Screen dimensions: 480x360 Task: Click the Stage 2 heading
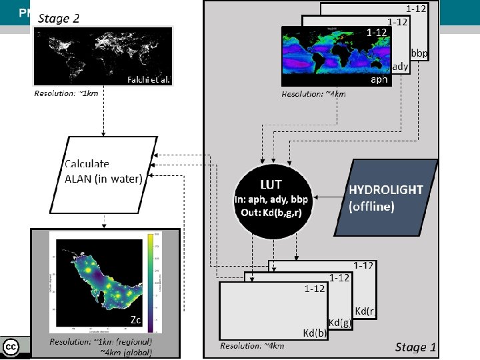point(59,18)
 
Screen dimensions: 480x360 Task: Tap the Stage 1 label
point(415,347)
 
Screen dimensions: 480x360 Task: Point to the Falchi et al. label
point(149,79)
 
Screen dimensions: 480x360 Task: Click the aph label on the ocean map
point(379,79)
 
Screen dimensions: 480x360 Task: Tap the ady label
point(400,66)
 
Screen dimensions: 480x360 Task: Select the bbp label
point(419,53)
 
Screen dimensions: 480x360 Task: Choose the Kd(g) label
point(339,323)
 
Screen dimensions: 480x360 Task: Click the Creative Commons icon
point(11,347)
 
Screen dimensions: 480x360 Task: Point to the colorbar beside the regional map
point(155,281)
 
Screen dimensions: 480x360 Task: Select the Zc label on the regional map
point(135,321)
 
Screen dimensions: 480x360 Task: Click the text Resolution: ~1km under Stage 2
point(66,94)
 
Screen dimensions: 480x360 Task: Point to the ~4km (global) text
point(126,352)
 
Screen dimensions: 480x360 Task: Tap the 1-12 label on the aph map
point(377,32)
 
